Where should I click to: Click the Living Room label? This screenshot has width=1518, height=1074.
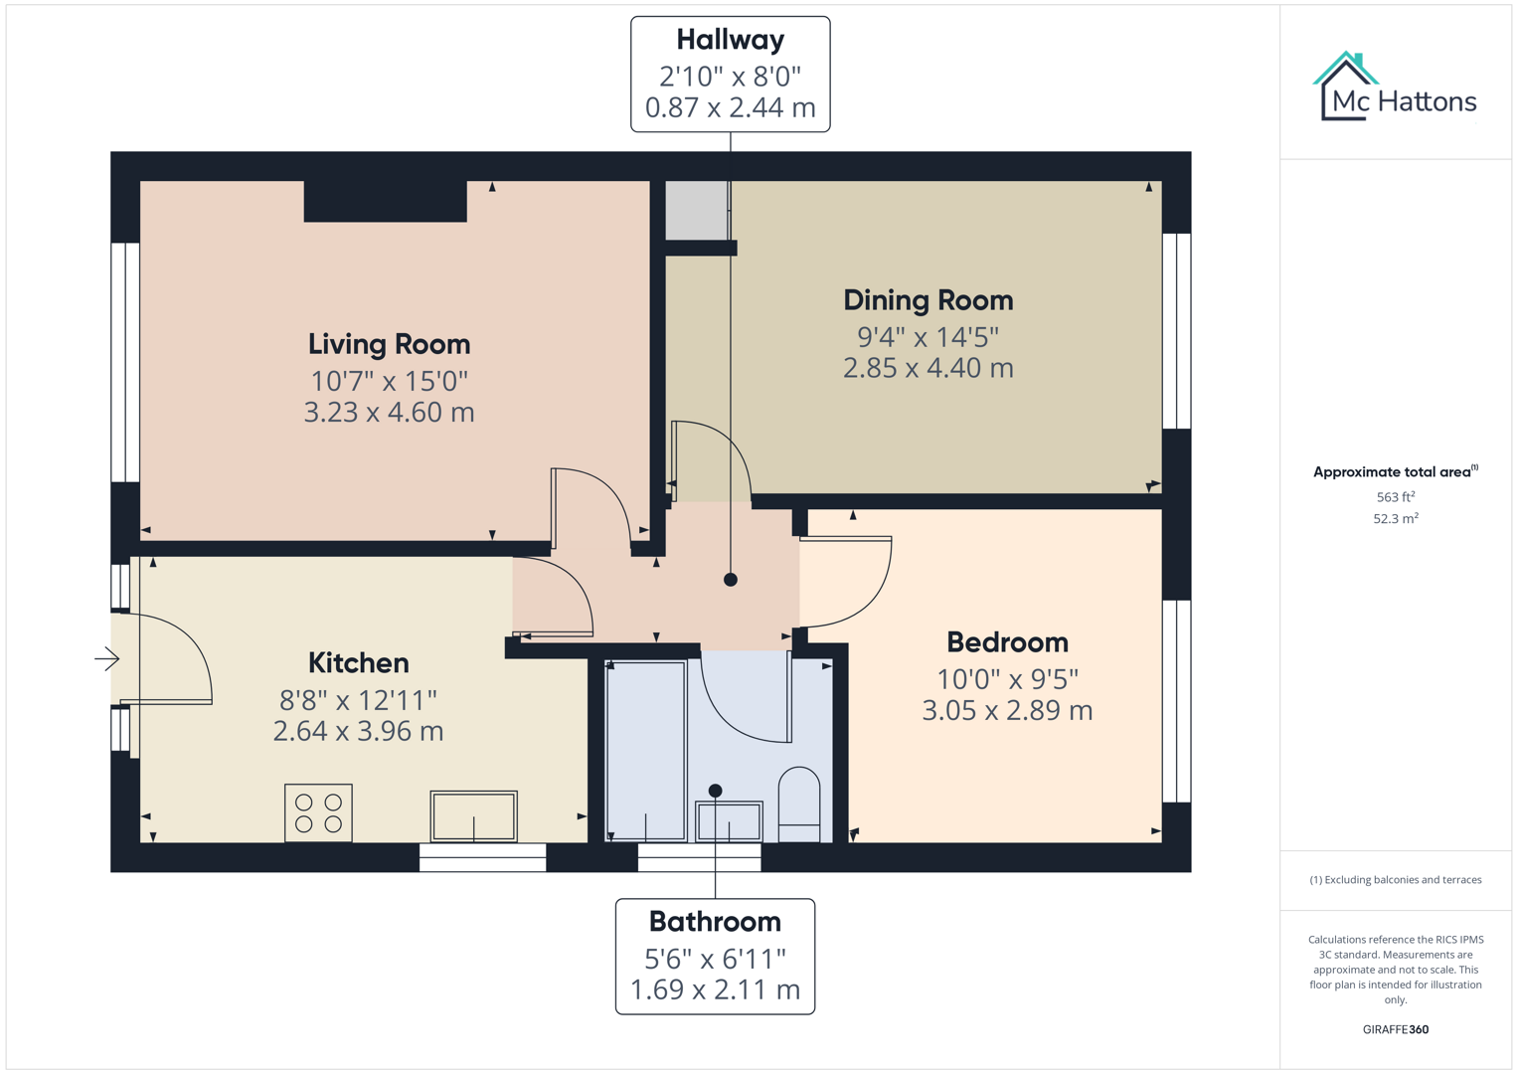click(389, 344)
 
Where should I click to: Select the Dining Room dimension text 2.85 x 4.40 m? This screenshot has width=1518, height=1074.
click(928, 368)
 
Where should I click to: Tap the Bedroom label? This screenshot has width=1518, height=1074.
click(1007, 642)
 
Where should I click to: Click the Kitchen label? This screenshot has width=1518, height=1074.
click(358, 663)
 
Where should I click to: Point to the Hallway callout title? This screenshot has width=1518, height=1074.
click(730, 40)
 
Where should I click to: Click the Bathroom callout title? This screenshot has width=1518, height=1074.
click(715, 922)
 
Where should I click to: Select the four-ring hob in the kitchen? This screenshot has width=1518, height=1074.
click(318, 812)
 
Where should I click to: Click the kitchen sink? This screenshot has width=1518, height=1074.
click(473, 815)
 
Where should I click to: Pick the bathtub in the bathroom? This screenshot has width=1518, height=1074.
click(646, 751)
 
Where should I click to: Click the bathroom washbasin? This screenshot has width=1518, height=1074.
click(729, 821)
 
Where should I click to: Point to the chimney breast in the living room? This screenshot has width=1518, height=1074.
click(385, 201)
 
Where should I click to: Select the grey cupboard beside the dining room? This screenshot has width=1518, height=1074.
click(696, 210)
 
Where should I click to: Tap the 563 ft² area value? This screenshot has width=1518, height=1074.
click(1395, 497)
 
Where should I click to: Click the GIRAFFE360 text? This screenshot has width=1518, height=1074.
click(1395, 1029)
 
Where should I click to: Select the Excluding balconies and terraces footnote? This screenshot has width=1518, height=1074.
click(1395, 880)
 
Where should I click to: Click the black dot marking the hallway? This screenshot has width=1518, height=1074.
click(731, 580)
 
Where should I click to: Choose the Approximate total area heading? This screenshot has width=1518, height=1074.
click(1395, 472)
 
